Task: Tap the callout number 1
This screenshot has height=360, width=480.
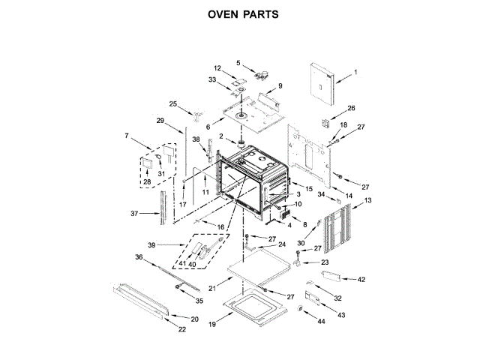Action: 355,72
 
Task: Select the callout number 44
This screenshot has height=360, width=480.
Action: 322,321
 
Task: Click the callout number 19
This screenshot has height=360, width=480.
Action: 212,325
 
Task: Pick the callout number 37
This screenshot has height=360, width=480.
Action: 135,214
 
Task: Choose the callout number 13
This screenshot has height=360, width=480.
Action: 367,200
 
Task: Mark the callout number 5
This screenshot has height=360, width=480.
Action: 239,63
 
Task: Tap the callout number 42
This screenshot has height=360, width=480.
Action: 361,279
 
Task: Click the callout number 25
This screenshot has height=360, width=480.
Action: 173,103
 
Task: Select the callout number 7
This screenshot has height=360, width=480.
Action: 127,136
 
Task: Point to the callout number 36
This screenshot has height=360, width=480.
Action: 138,257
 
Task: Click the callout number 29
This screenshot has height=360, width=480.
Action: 160,121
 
